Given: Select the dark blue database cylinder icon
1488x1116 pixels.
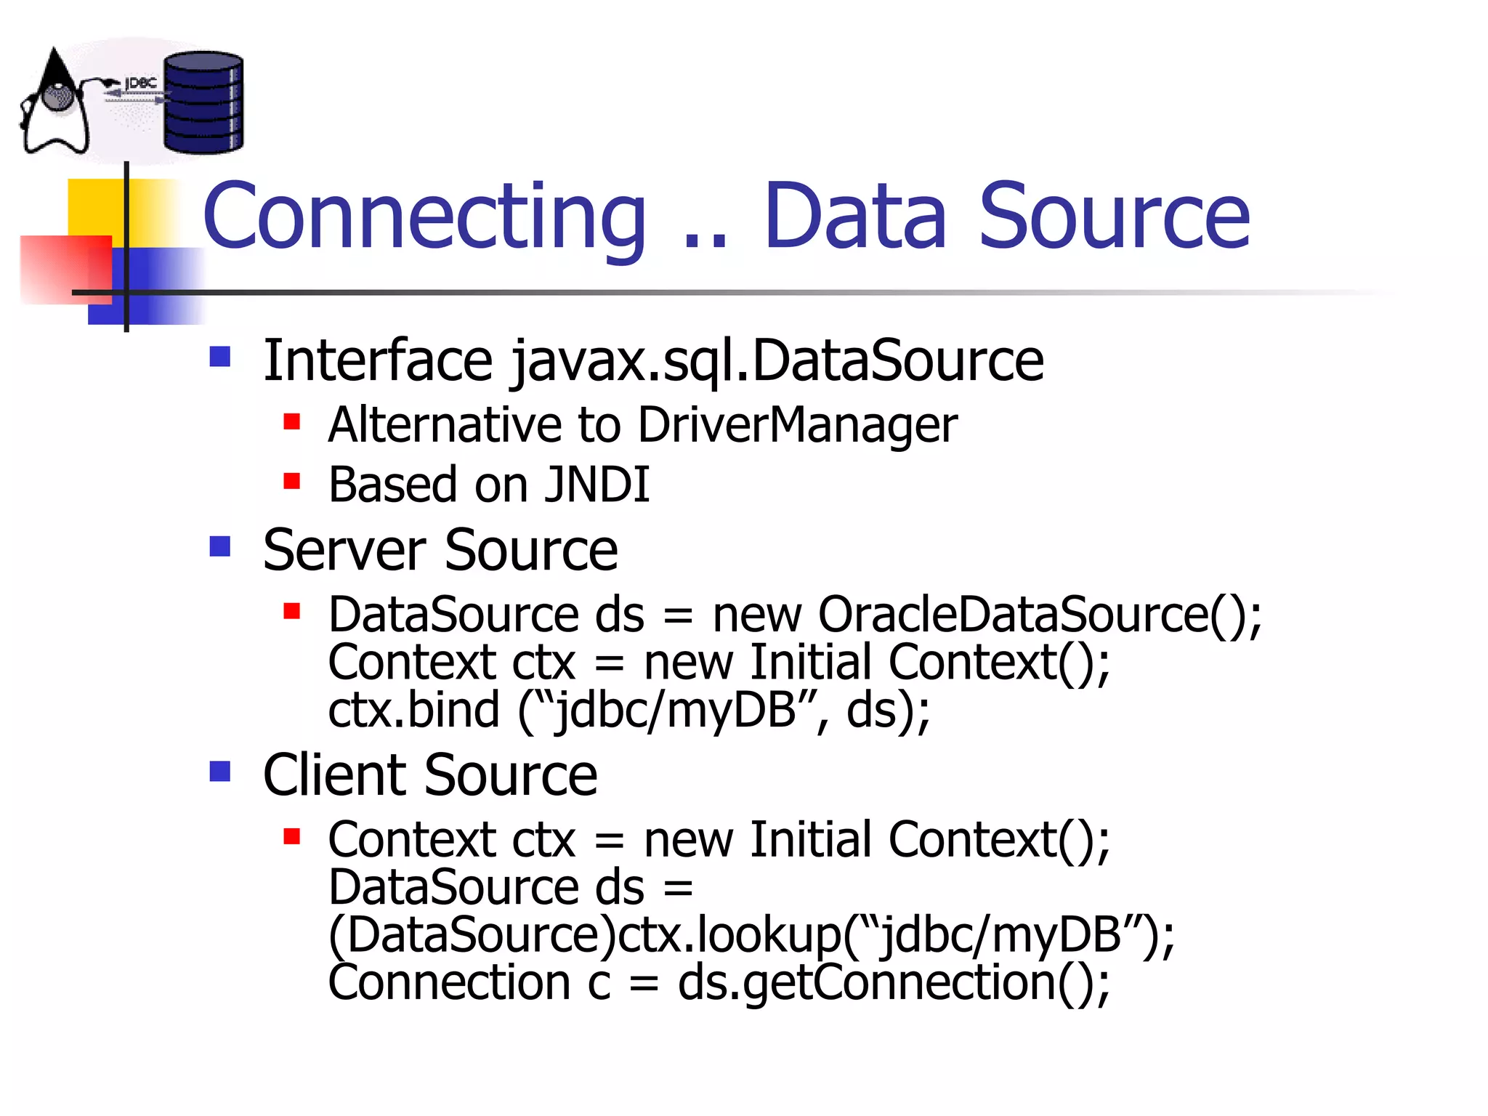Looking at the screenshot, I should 203,102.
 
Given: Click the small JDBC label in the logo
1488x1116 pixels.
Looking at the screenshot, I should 140,84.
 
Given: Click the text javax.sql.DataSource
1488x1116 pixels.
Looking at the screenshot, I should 776,361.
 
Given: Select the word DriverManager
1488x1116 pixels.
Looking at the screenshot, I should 797,425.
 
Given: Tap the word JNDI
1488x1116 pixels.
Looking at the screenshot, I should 597,485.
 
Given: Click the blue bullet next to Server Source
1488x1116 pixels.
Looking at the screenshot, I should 219,546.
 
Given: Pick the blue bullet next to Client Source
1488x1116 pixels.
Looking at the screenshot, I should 219,771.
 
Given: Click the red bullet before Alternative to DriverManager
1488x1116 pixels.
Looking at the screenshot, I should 291,421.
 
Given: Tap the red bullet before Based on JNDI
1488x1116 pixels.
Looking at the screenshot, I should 291,481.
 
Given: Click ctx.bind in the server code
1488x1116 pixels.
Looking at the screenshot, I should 413,710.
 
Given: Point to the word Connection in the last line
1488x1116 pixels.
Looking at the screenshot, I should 449,982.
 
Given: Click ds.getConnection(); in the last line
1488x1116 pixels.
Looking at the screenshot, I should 894,982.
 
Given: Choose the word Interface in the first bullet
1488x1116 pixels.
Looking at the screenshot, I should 378,361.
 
